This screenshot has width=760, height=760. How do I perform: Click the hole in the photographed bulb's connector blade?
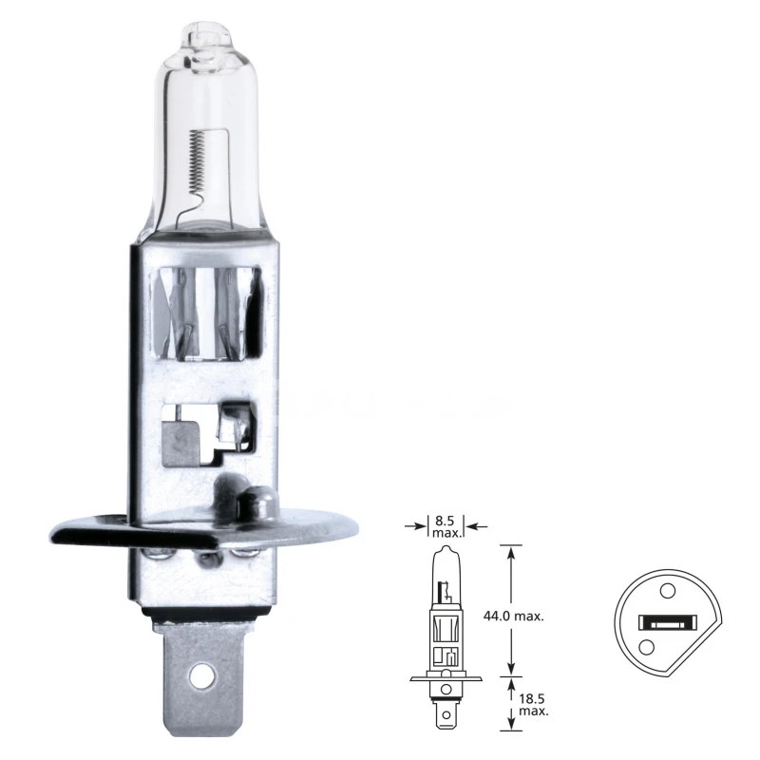pyautogui.click(x=199, y=677)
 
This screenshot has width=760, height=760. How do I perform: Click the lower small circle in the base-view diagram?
pyautogui.click(x=647, y=647)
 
